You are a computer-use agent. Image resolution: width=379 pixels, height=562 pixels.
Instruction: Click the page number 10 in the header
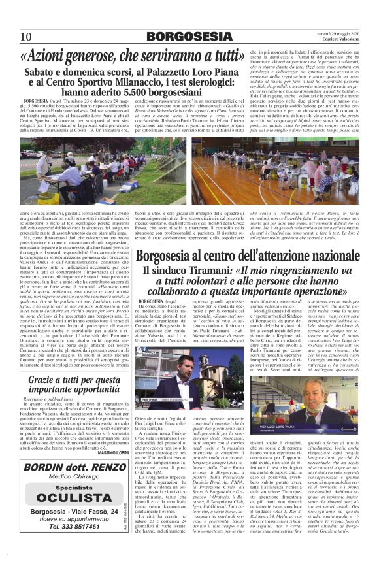(x=26, y=36)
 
